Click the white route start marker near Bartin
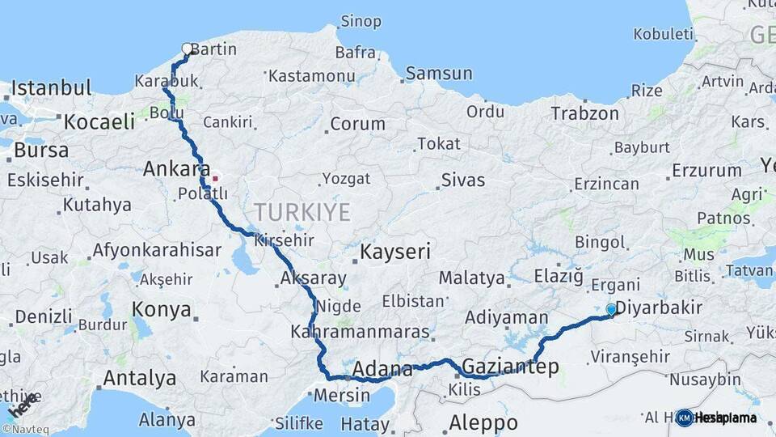click(x=188, y=49)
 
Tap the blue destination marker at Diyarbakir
click(x=611, y=309)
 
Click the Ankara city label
click(x=176, y=170)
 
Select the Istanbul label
click(x=51, y=87)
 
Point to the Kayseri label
click(x=395, y=251)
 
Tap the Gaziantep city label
click(x=510, y=367)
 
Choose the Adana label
click(x=383, y=369)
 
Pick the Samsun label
click(x=439, y=74)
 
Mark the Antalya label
click(x=140, y=378)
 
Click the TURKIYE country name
click(x=302, y=213)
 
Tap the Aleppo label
click(x=483, y=422)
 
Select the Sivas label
click(x=463, y=179)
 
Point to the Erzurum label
click(x=706, y=171)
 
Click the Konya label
click(x=162, y=310)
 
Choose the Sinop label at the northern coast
click(x=361, y=22)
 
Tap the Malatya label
click(x=472, y=278)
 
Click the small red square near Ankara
click(x=215, y=177)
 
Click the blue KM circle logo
click(x=684, y=418)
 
